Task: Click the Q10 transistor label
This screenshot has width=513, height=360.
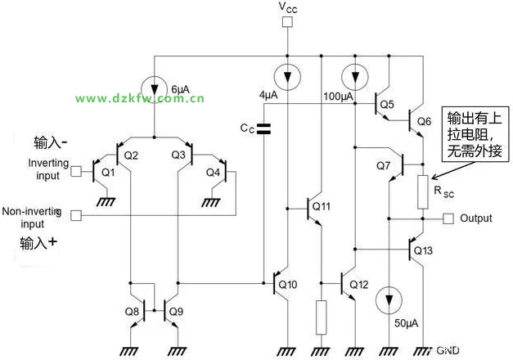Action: pyautogui.click(x=289, y=285)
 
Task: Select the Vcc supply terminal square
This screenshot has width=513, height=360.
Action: pyautogui.click(x=287, y=22)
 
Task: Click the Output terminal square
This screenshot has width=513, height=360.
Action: pyautogui.click(x=448, y=218)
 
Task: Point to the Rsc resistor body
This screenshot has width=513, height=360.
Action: pyautogui.click(x=423, y=191)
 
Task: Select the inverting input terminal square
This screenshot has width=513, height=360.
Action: pyautogui.click(x=77, y=172)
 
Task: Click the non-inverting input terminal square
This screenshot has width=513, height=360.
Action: pyautogui.click(x=77, y=215)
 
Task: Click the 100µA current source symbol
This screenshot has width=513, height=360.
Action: pyautogui.click(x=354, y=78)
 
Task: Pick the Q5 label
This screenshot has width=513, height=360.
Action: pyautogui.click(x=387, y=104)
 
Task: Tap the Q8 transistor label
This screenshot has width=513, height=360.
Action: pyautogui.click(x=131, y=311)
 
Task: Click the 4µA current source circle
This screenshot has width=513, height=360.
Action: pyautogui.click(x=287, y=78)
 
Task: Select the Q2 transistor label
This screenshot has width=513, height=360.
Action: pyautogui.click(x=132, y=155)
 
